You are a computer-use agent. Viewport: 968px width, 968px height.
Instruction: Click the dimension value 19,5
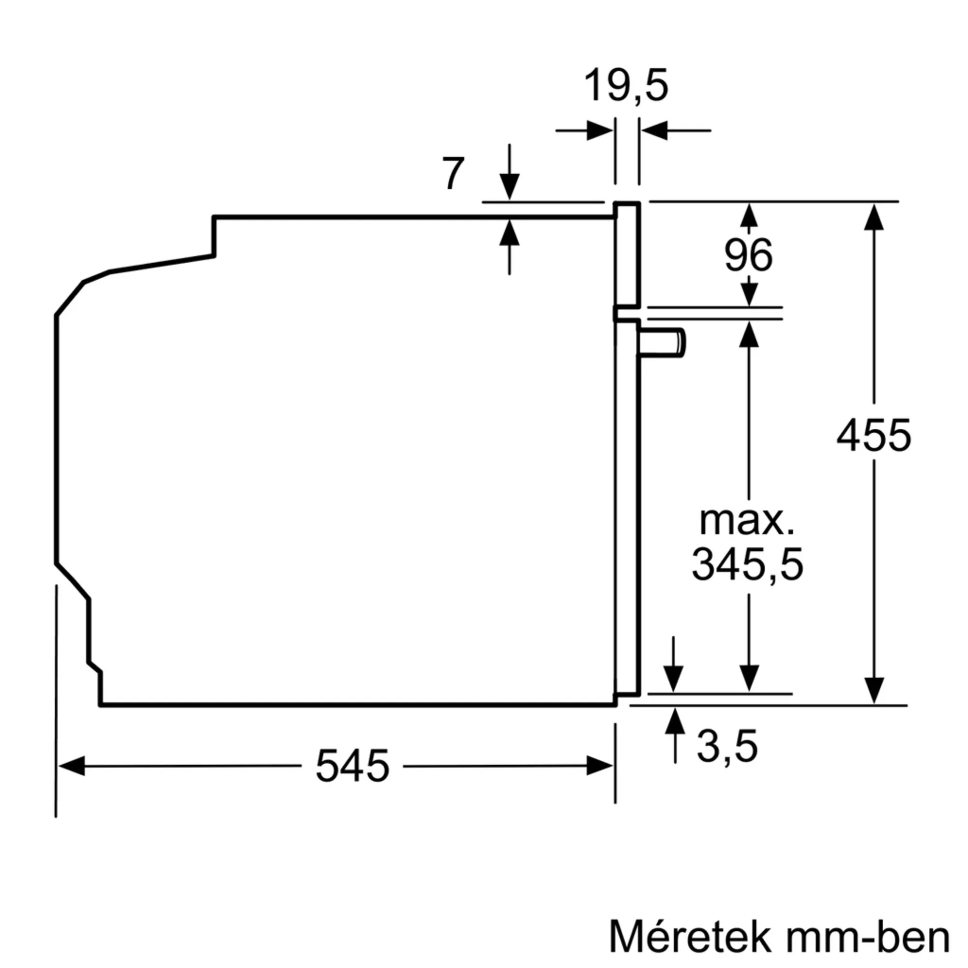(x=626, y=86)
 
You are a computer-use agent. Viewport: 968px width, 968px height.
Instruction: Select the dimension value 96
(x=749, y=256)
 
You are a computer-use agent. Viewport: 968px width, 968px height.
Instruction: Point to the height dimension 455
(x=873, y=436)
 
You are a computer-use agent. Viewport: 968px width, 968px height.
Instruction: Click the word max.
(x=747, y=521)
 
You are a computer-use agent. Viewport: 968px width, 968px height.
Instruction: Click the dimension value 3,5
(x=727, y=746)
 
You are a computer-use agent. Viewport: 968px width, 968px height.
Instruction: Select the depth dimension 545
(x=352, y=766)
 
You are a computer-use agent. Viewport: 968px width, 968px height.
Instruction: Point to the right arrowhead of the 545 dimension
(x=600, y=766)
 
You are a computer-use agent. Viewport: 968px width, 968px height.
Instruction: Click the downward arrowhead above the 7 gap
(x=509, y=186)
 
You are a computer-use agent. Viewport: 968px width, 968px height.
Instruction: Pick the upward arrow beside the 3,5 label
(x=675, y=722)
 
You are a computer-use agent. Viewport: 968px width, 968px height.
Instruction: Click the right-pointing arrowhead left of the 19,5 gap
(x=599, y=131)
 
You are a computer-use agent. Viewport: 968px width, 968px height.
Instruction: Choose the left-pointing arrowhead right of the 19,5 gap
(x=654, y=131)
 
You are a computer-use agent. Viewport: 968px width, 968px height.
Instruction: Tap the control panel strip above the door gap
(x=628, y=255)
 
